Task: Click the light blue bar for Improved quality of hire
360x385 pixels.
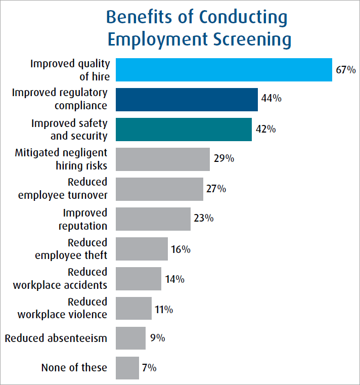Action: click(223, 70)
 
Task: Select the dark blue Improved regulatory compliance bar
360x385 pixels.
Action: click(187, 99)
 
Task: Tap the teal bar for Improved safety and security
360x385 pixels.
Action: click(184, 129)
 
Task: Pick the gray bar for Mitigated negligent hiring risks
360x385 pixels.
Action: click(162, 159)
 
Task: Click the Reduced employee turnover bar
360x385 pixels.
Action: click(159, 189)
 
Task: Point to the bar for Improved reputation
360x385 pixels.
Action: click(153, 219)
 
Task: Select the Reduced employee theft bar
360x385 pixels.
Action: click(142, 248)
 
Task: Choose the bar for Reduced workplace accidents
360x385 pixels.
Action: click(139, 278)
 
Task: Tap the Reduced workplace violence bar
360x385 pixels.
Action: click(133, 308)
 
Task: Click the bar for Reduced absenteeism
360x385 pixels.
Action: click(130, 338)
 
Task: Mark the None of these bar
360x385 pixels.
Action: click(127, 368)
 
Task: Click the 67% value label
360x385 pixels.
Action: click(346, 70)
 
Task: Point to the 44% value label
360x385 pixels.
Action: click(271, 98)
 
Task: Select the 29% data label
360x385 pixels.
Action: click(223, 158)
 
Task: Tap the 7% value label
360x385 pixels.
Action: click(148, 368)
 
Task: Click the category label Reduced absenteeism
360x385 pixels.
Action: click(56, 338)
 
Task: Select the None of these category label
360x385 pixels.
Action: click(74, 368)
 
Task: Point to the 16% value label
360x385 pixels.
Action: click(181, 249)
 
